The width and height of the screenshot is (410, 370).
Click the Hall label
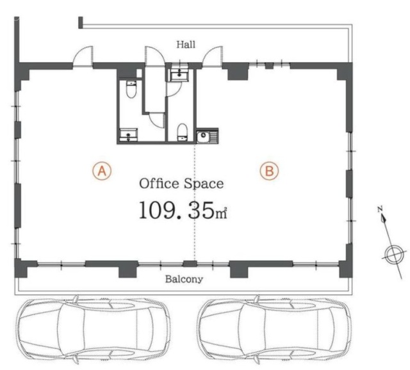coord(186,44)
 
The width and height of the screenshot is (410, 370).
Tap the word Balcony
coord(184,279)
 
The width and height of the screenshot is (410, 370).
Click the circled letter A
coord(102,171)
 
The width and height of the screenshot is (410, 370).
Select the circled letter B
coord(269,171)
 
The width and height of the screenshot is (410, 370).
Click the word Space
coord(204,184)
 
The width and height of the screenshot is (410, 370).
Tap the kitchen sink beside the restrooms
coord(208,136)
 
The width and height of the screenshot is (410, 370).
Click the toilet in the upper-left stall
coord(131,89)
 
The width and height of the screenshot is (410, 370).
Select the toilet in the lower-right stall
coord(182,133)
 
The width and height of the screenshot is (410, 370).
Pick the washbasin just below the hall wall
coord(179,75)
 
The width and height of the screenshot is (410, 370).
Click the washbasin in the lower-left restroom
coord(128,135)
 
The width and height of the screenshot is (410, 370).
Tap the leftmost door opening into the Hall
coord(83,56)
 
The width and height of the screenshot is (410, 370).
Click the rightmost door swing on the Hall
coord(212,57)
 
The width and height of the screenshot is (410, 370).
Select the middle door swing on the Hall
coord(155,56)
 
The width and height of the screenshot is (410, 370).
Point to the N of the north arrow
coord(380,209)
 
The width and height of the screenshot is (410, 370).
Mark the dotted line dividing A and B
coord(195,202)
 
